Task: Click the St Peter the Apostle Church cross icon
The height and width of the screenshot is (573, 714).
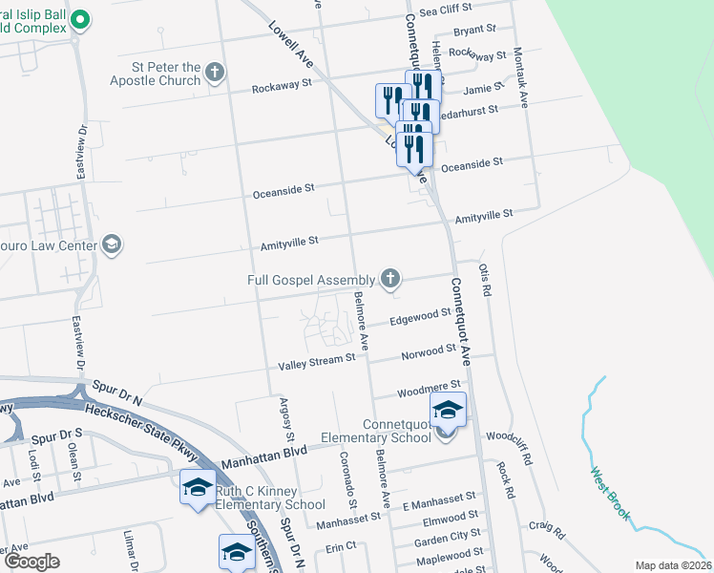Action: coord(216,72)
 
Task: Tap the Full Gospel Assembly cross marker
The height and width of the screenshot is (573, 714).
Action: coord(389,279)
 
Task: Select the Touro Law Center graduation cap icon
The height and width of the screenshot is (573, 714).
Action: coord(112,244)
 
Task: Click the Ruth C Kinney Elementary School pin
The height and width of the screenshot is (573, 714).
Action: coord(198,488)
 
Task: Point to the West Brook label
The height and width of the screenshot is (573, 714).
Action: coord(610,493)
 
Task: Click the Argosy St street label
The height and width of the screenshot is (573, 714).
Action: coord(283,420)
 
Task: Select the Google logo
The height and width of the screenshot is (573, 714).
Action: coord(32,561)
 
